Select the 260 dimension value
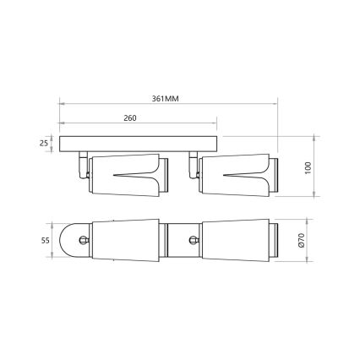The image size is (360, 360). point(130,118)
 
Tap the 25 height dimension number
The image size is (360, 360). point(43,143)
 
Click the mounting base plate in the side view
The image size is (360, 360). point(139,143)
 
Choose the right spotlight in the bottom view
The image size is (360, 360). point(232,242)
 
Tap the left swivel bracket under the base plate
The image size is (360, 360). point(83,164)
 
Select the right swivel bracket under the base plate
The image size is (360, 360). point(193,164)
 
